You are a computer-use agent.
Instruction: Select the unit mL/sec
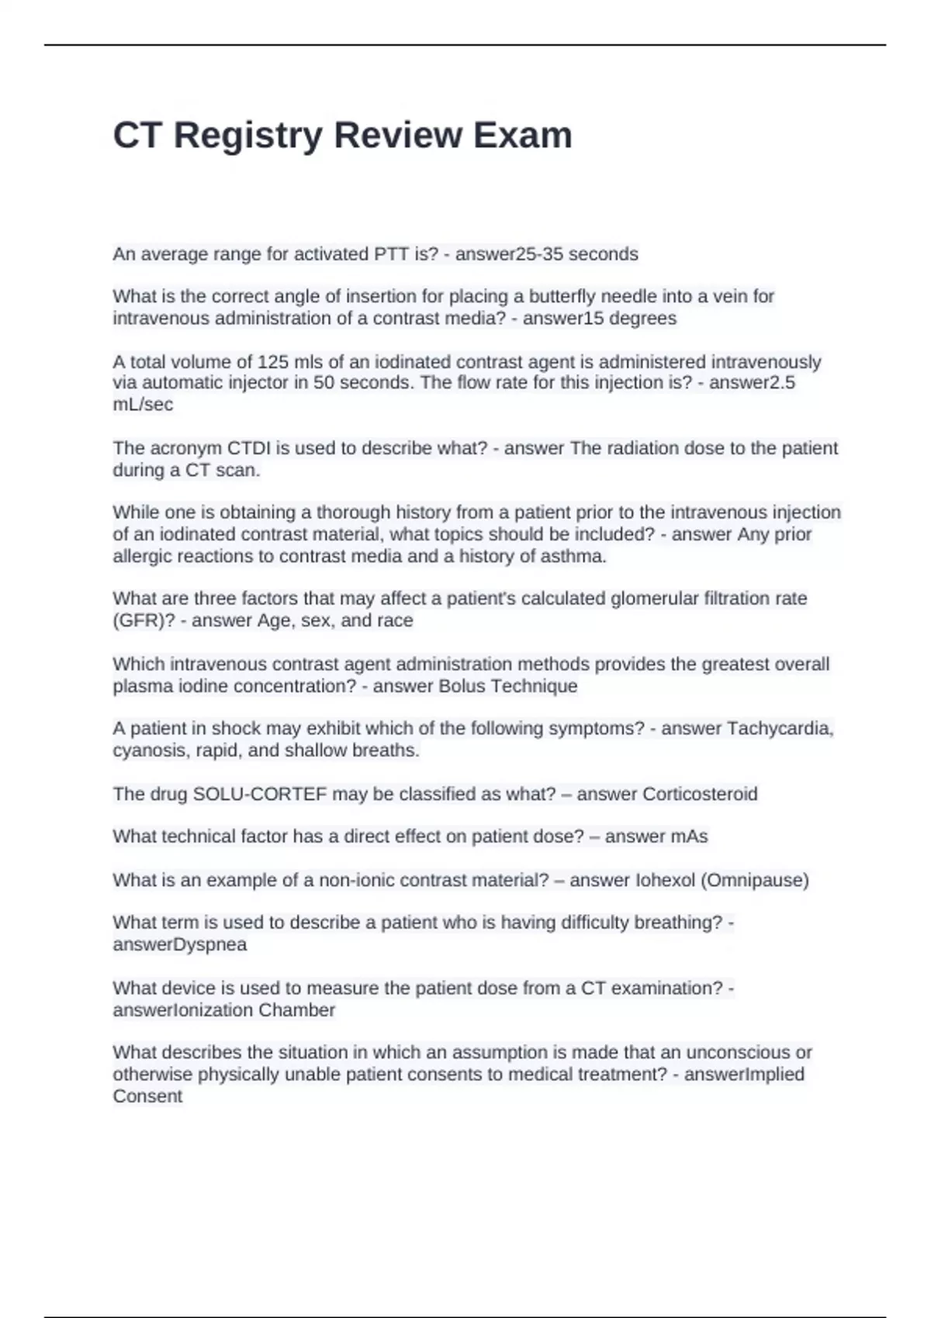(143, 405)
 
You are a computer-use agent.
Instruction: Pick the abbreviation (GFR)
(144, 620)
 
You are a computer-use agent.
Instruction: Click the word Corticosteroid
(700, 794)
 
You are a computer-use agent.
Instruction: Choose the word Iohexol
(665, 880)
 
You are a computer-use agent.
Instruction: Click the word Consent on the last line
(147, 1096)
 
